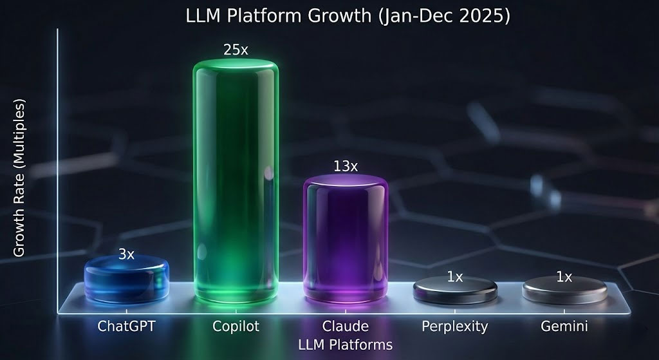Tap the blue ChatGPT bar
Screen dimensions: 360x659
(126, 281)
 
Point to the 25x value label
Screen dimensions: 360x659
(236, 50)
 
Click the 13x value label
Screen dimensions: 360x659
(346, 166)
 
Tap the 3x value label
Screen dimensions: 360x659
(126, 254)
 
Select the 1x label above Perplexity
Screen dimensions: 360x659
(455, 277)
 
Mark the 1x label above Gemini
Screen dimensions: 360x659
(564, 277)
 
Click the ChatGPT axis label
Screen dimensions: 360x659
(126, 326)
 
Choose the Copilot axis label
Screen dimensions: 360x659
(236, 326)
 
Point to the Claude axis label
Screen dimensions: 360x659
(346, 326)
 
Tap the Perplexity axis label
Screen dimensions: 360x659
(455, 326)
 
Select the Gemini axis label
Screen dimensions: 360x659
(564, 326)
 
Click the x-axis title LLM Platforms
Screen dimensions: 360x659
(346, 345)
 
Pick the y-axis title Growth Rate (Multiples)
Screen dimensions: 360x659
(19, 178)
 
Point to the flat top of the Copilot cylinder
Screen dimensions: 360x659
(236, 66)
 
